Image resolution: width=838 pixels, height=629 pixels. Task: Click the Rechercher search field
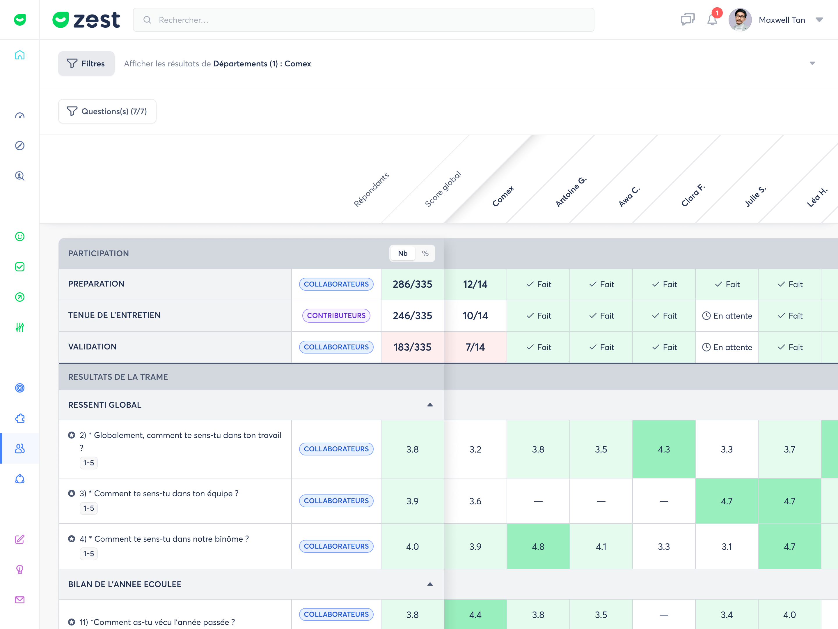point(363,20)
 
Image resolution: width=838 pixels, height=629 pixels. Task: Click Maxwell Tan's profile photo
point(740,20)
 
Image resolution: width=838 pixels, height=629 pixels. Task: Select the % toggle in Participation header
point(425,253)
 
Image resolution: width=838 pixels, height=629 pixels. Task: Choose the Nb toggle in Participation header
point(403,253)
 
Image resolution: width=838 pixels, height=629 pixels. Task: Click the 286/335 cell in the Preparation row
point(412,284)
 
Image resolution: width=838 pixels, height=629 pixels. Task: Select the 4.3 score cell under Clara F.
point(664,449)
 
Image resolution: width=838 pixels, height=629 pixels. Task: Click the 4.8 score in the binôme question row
point(538,547)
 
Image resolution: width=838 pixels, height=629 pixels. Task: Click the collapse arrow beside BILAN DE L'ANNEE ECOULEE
point(430,584)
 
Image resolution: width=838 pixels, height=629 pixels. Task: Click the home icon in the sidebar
point(20,55)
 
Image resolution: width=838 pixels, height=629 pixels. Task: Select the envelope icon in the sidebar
point(20,600)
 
